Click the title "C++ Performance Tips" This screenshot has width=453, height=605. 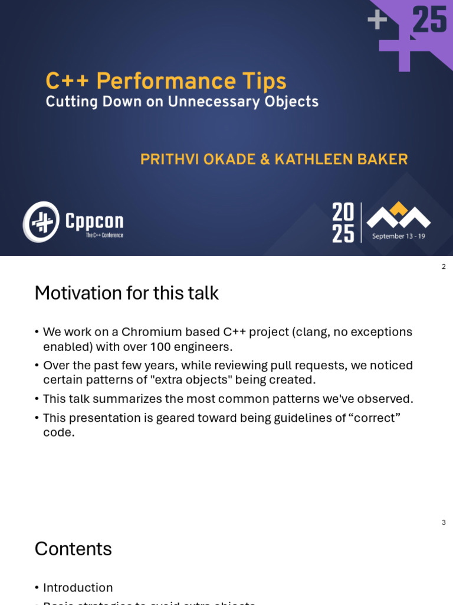166,82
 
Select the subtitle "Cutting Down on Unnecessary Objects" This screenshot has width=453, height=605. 182,102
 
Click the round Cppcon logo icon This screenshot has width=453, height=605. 41,222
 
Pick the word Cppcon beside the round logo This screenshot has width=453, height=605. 94,221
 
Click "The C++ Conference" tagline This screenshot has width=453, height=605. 104,235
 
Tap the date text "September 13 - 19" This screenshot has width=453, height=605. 398,236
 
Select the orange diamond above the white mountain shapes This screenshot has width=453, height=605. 399,208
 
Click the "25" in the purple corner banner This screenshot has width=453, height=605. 429,20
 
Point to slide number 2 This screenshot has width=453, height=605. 444,267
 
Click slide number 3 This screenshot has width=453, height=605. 444,522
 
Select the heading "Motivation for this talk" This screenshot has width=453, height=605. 126,293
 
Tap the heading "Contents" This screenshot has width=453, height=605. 73,549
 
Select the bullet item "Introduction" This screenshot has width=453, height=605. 78,588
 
